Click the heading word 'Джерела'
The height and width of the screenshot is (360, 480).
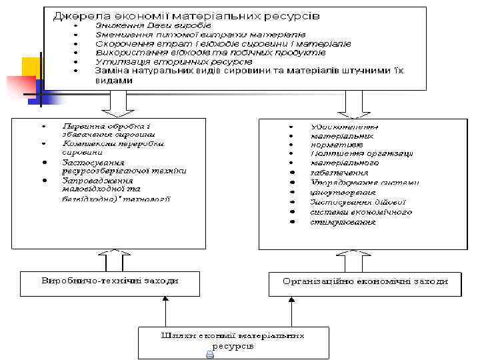[x=76, y=14]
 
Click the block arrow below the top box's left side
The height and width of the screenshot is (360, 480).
[x=117, y=103]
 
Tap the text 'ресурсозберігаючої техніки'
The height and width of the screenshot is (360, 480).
[x=124, y=171]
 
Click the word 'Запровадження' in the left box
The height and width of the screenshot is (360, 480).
[x=97, y=180]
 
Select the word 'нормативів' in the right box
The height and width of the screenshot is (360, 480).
[x=337, y=144]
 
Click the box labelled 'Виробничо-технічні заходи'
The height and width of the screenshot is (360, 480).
[x=110, y=283]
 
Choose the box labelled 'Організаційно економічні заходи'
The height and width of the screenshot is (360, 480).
[x=365, y=283]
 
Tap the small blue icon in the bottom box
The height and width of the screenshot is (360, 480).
[x=210, y=355]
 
